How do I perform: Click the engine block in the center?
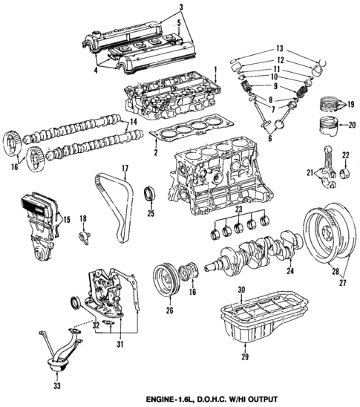(215, 178)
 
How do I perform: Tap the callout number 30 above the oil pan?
(240, 289)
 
